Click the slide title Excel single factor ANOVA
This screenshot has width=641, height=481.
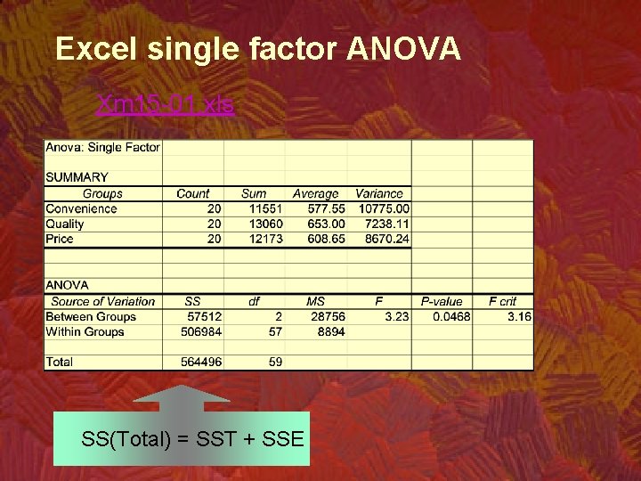click(258, 48)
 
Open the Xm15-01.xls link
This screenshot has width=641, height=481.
click(165, 104)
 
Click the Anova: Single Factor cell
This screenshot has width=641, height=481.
click(102, 148)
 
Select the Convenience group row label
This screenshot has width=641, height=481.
click(81, 208)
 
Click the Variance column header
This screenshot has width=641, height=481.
click(379, 193)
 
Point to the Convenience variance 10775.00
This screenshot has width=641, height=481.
click(384, 208)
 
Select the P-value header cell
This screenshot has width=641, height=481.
click(442, 301)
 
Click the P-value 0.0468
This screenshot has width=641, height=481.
click(451, 316)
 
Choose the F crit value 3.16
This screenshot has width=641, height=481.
click(519, 316)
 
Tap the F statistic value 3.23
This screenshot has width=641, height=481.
click(397, 316)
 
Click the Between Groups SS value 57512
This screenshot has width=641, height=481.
click(204, 316)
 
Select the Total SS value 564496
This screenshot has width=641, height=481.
click(200, 362)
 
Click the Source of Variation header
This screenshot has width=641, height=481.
click(103, 301)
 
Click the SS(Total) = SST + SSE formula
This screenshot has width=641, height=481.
click(192, 439)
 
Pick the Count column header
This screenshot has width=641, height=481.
click(193, 193)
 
